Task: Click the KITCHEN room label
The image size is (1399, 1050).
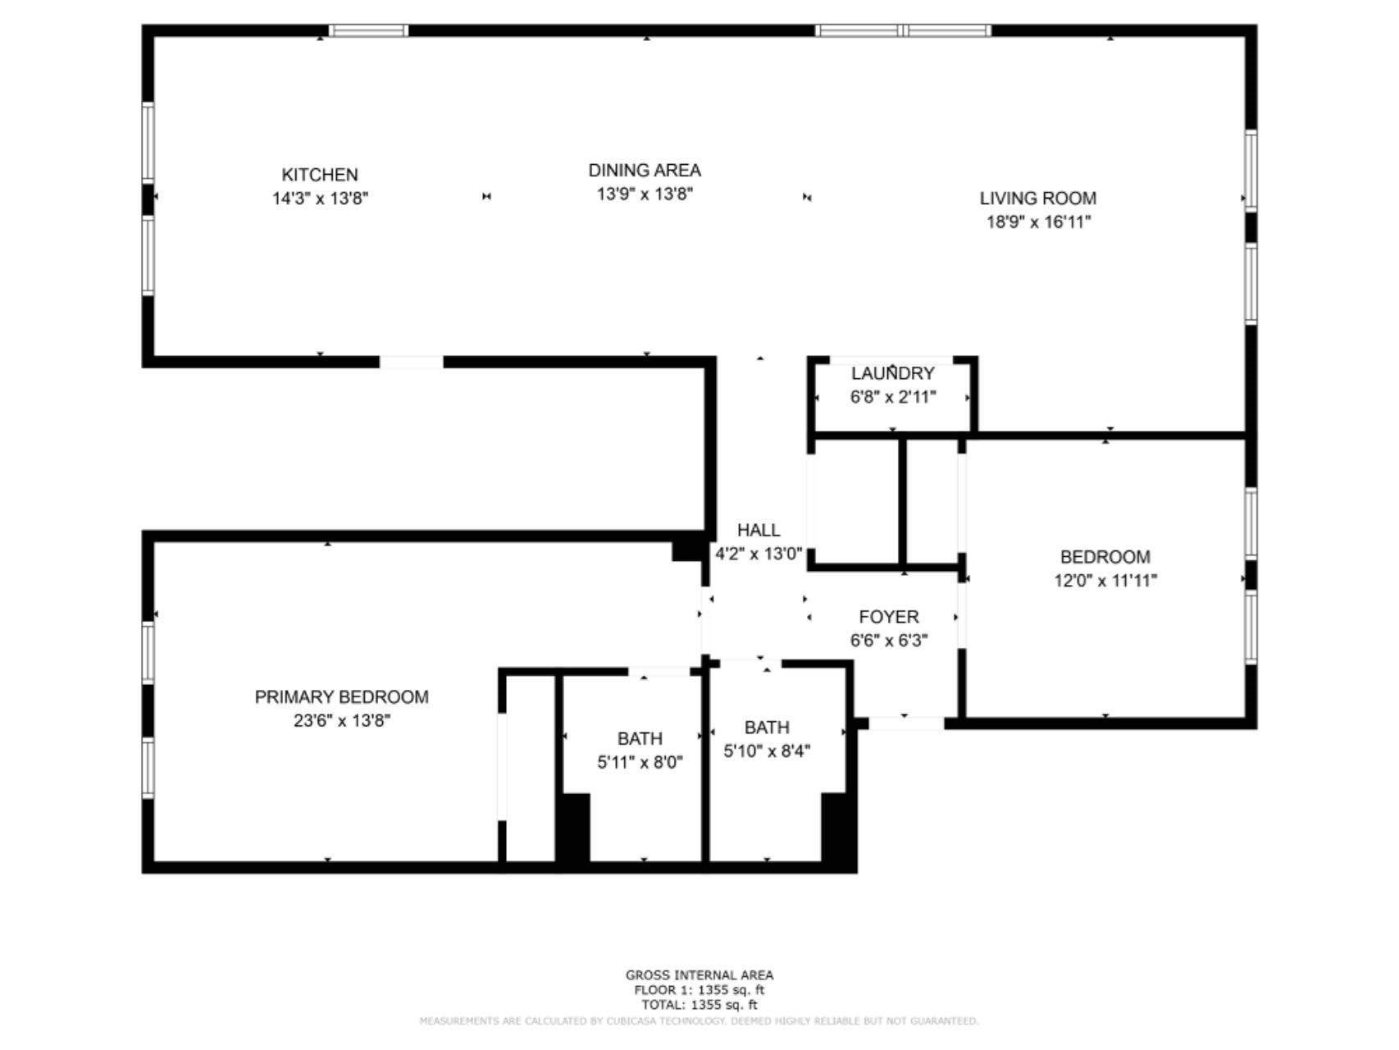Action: (x=320, y=175)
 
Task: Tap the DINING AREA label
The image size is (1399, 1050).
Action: (x=645, y=171)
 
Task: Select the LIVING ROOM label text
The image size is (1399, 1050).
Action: (x=1037, y=198)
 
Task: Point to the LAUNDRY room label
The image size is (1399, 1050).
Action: (x=892, y=374)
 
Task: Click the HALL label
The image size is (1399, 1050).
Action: (x=758, y=530)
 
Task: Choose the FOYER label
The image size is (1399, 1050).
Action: (x=888, y=617)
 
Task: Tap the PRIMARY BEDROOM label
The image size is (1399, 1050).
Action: (x=341, y=697)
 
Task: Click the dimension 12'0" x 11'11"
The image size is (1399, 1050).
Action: (x=1105, y=581)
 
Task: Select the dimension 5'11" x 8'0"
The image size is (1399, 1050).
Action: (x=640, y=762)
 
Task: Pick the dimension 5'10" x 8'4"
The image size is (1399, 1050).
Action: (x=767, y=751)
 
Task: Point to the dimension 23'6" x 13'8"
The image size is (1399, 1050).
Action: (x=341, y=720)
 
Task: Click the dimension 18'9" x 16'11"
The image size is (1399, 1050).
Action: (x=1037, y=221)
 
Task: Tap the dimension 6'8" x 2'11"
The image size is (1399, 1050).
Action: (x=892, y=397)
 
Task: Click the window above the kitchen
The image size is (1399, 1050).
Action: (x=368, y=31)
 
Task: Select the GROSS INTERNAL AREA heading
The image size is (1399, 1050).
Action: (x=699, y=975)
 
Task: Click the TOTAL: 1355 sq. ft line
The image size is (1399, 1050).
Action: (x=699, y=1004)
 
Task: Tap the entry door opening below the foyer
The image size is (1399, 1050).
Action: (x=905, y=724)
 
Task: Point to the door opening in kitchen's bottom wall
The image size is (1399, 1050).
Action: (x=411, y=362)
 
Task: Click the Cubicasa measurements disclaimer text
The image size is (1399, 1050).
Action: (x=699, y=1021)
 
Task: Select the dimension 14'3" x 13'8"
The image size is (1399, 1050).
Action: (x=320, y=199)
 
